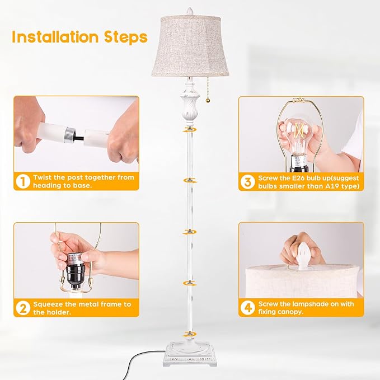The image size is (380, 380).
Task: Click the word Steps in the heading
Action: (x=126, y=37)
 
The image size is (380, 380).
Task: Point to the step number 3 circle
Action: (x=247, y=181)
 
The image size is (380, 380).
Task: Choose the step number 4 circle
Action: (x=247, y=308)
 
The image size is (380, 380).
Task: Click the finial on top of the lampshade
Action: (x=188, y=11)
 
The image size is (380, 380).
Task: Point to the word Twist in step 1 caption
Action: (x=44, y=177)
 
